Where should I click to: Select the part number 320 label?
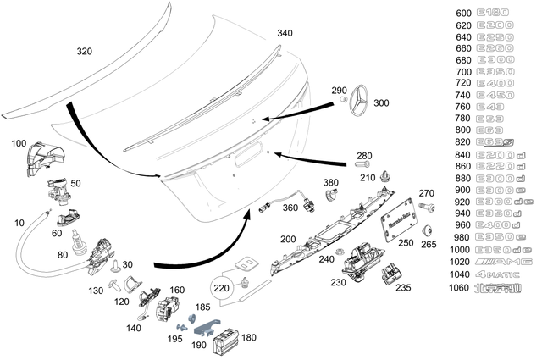[x=85, y=51]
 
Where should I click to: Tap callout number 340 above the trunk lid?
[x=285, y=33]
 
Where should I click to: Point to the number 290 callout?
[x=339, y=90]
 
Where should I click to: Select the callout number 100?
[x=19, y=145]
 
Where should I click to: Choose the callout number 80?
[x=62, y=253]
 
